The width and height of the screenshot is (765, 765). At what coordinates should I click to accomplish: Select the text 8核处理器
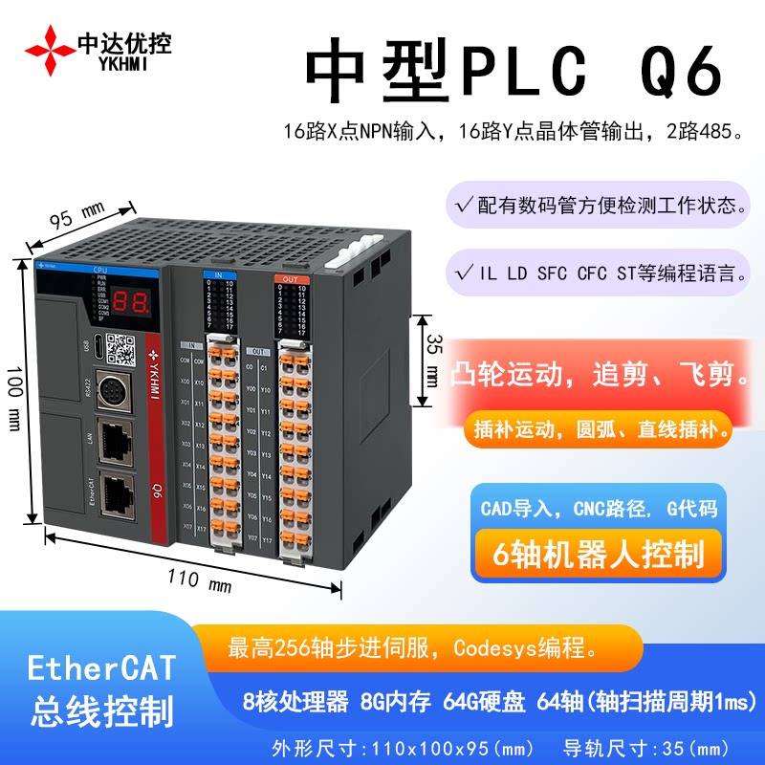290,702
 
